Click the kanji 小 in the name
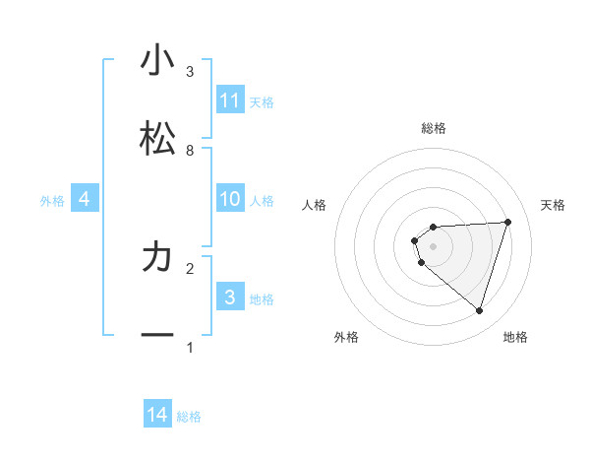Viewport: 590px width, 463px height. pos(157,60)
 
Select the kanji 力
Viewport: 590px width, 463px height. pos(157,257)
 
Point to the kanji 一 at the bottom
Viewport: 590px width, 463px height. pos(157,336)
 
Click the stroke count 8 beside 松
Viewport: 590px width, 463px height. pos(190,150)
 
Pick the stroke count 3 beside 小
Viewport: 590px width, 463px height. pos(190,71)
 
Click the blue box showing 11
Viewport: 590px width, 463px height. pos(230,100)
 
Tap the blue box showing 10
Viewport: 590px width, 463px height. pos(230,199)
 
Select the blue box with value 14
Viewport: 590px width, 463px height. pos(157,415)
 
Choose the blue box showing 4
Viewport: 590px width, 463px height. pos(85,199)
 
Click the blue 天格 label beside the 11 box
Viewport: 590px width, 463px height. pos(262,101)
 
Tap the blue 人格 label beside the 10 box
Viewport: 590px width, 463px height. pos(262,200)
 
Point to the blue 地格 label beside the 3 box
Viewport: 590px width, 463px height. pos(262,298)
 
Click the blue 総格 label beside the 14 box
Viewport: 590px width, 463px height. pos(189,417)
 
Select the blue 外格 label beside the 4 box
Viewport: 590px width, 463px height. pos(52,200)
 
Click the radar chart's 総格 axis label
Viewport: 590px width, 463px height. pos(434,128)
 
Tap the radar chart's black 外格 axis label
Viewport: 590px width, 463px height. pos(346,337)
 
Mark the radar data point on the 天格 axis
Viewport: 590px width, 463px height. pos(508,222)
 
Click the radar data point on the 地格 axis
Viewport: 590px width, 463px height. pos(479,310)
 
